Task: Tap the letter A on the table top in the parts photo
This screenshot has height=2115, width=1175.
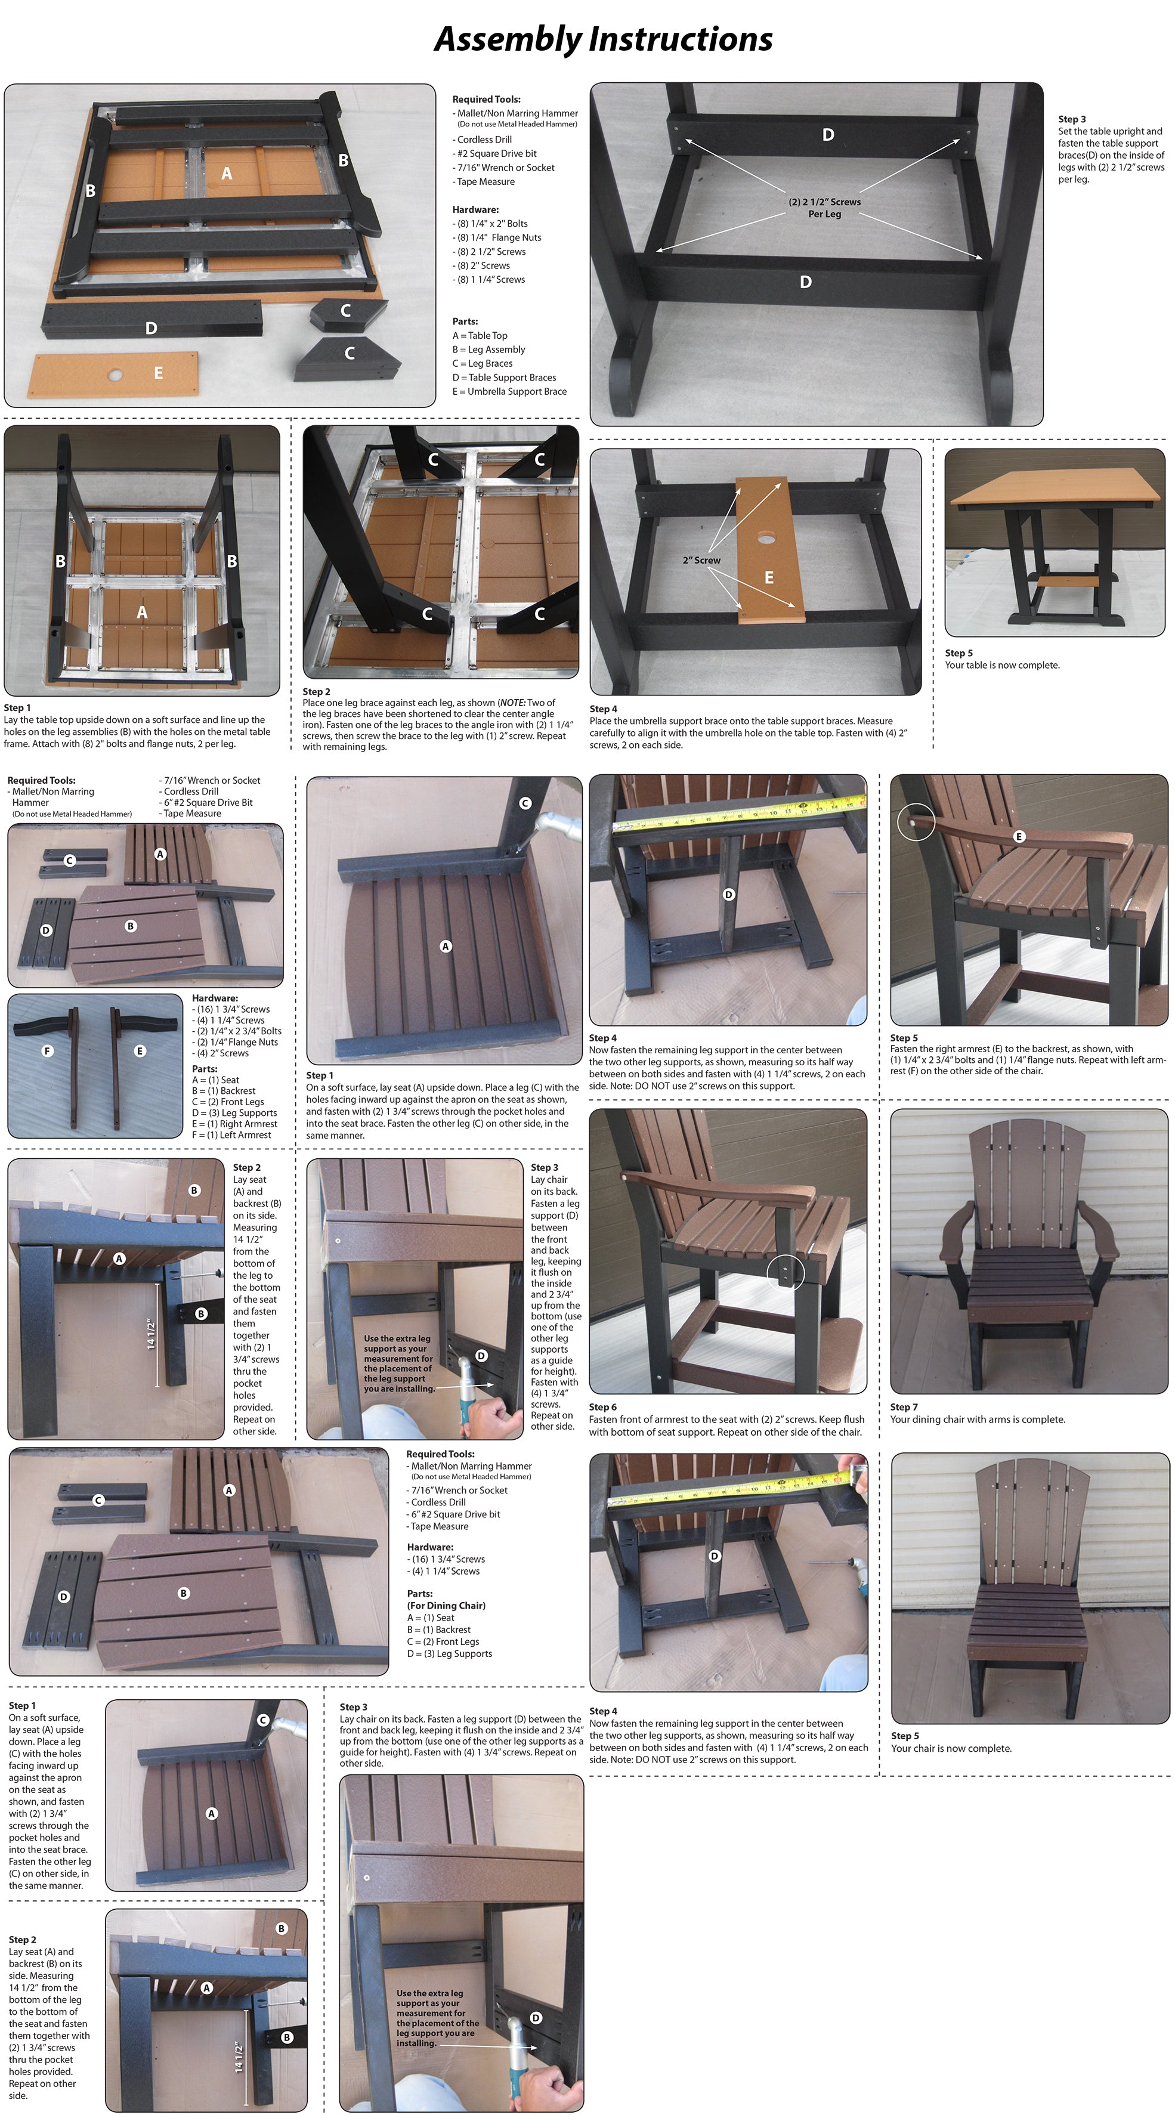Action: click(227, 173)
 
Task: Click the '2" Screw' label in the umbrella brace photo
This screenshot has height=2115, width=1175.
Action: click(701, 560)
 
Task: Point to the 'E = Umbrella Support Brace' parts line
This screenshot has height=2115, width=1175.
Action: click(509, 392)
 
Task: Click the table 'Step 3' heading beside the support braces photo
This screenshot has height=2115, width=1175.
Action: click(1072, 119)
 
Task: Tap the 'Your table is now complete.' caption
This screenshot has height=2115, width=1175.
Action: click(1002, 665)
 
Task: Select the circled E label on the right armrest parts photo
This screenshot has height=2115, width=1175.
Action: click(140, 1051)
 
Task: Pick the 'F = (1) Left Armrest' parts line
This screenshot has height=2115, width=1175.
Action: click(231, 1134)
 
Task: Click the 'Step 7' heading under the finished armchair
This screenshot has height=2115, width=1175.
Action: click(904, 1406)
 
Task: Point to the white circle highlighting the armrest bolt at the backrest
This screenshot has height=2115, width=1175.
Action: click(916, 821)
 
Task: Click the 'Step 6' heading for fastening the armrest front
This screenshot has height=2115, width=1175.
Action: click(602, 1406)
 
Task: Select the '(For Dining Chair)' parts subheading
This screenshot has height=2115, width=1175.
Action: click(446, 1605)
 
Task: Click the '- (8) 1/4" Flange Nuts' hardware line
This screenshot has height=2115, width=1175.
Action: click(497, 237)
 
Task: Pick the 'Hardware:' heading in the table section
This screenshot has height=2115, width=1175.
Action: click(475, 209)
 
